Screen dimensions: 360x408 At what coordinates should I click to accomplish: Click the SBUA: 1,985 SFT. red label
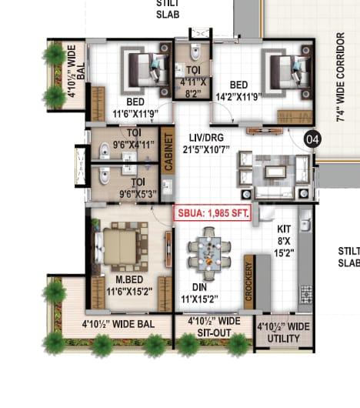coord(212,213)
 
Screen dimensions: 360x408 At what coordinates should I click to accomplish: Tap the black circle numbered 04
coord(312,139)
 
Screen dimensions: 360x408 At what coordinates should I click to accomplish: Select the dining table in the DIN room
coord(209,254)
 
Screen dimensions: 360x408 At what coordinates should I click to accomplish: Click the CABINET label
coord(168,152)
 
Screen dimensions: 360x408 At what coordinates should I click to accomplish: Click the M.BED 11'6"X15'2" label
coord(129,286)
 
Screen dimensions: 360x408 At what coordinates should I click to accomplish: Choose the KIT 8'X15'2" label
coord(284,241)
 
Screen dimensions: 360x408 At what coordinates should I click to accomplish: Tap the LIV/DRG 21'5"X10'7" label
coord(206,143)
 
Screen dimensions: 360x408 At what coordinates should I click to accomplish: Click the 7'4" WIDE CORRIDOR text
coord(340,77)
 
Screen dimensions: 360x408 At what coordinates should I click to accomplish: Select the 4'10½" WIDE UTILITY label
coord(283,333)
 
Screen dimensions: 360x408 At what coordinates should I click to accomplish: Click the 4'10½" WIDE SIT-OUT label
coord(214,327)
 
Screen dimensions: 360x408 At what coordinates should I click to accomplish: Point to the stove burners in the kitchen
coord(306,295)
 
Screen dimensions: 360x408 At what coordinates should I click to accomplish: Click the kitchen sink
coord(306,225)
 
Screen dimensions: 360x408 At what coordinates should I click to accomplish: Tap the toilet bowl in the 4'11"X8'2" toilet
coord(195,52)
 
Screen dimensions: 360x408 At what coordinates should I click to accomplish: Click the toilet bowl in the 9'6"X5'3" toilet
coord(105,176)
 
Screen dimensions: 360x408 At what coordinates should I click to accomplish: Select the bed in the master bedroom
coord(119,246)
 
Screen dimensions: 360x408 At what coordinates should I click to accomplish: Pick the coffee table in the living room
coord(275,172)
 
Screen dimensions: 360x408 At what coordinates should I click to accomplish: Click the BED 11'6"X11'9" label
coord(135,108)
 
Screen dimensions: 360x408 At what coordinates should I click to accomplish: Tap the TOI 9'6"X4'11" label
coord(134,139)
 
